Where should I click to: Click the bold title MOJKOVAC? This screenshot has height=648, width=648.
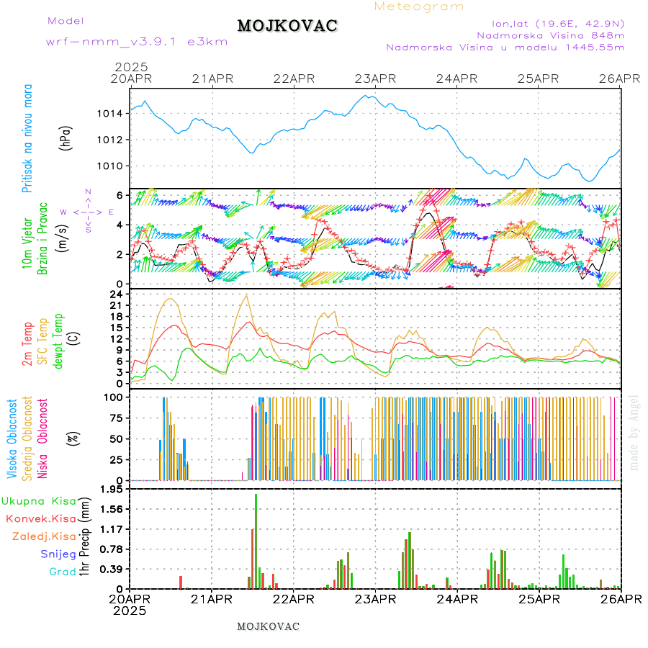pyautogui.click(x=287, y=26)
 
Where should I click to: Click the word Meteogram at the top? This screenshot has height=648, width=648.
pyautogui.click(x=419, y=6)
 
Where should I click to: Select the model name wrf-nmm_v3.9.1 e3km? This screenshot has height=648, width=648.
pyautogui.click(x=137, y=41)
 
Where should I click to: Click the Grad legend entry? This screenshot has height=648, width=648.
pyautogui.click(x=62, y=572)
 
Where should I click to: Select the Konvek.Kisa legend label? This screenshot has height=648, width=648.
pyautogui.click(x=41, y=518)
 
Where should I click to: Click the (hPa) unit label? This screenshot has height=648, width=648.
pyautogui.click(x=66, y=137)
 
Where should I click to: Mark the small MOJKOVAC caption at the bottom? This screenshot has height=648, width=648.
pyautogui.click(x=268, y=626)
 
